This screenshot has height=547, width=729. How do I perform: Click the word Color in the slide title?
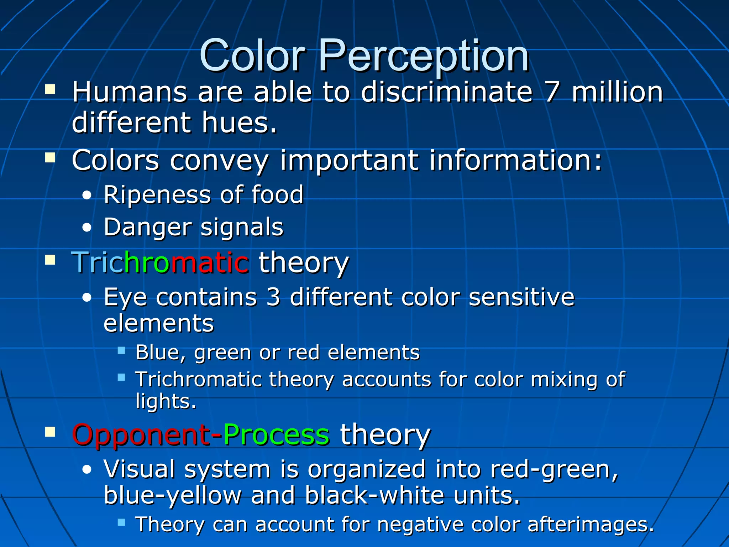click(x=253, y=56)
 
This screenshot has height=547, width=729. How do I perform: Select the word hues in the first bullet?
click(x=239, y=123)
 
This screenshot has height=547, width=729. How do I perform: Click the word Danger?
click(x=147, y=227)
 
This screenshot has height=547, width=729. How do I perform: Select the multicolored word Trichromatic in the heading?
click(x=160, y=263)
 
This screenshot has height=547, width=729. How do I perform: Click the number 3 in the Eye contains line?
click(x=273, y=297)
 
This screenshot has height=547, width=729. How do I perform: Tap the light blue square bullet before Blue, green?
click(x=121, y=350)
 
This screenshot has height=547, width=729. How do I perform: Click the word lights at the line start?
click(x=165, y=401)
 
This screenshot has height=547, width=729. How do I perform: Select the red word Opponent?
click(x=141, y=435)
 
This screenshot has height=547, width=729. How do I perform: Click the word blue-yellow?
click(x=172, y=496)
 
